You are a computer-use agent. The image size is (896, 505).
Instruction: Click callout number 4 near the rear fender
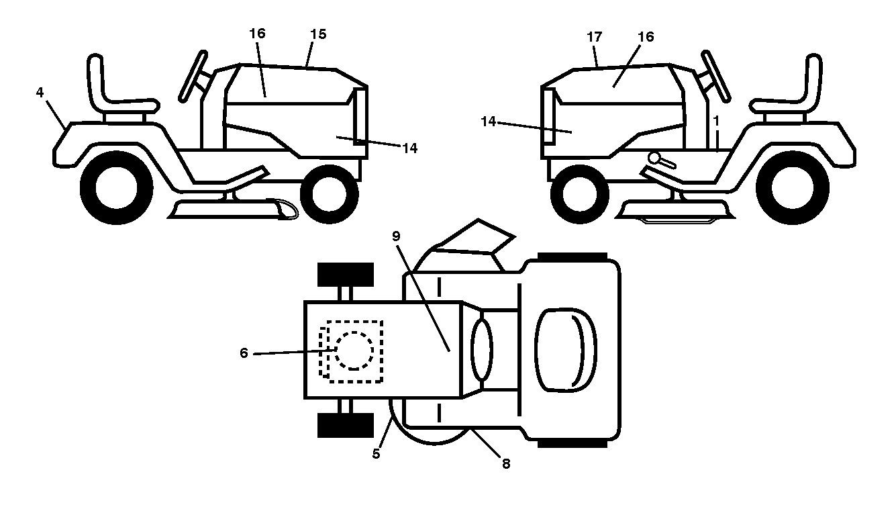(x=40, y=93)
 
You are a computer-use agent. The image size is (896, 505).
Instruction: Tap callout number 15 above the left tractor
(x=318, y=34)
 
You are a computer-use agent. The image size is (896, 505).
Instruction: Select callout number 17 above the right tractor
(x=595, y=37)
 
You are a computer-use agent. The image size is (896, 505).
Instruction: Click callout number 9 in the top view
(x=396, y=236)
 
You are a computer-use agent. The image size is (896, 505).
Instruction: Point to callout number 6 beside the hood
(x=244, y=353)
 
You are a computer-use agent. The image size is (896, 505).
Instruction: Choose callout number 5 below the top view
(x=376, y=454)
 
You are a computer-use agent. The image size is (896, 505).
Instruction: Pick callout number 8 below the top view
(x=506, y=464)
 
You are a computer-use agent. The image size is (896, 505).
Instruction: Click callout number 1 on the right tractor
(x=716, y=120)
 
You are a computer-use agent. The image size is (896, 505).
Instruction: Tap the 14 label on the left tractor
(x=410, y=148)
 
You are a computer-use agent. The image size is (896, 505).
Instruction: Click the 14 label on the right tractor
(x=489, y=122)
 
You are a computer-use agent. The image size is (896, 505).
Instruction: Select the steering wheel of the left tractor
(x=193, y=76)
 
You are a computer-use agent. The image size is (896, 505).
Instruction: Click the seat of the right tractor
(x=786, y=86)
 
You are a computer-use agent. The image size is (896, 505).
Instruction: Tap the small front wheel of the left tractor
(x=329, y=195)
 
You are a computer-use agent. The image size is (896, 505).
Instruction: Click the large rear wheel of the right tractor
(x=793, y=187)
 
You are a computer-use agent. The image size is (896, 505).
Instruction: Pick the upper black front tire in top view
(x=346, y=275)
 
